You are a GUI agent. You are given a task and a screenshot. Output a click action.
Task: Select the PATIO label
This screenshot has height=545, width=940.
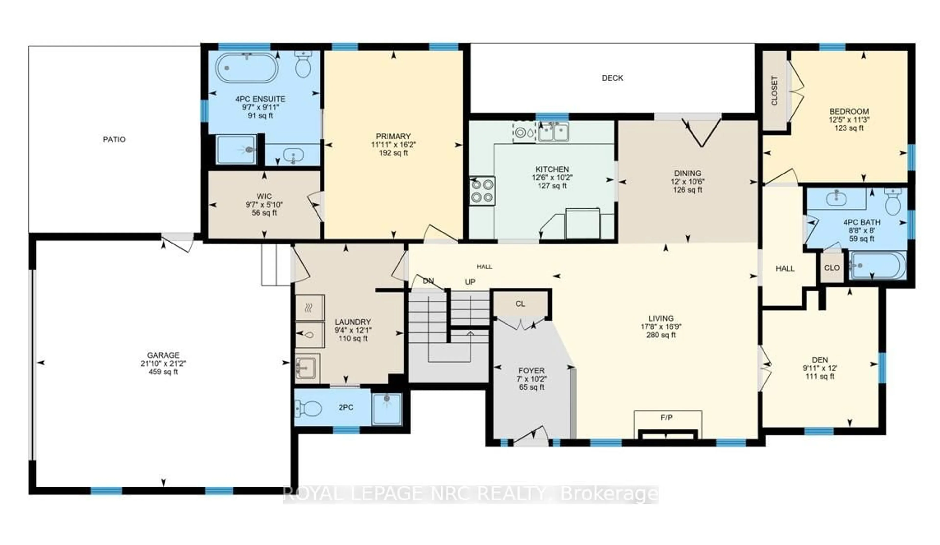(114, 139)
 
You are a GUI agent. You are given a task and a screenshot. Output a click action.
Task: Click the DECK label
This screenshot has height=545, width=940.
(612, 78)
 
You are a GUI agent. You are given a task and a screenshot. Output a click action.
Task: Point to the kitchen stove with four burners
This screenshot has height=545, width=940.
(482, 191)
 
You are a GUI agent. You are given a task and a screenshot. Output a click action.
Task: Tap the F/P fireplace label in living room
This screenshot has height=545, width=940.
(666, 418)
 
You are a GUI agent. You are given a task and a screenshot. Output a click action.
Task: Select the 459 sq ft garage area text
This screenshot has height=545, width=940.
(163, 372)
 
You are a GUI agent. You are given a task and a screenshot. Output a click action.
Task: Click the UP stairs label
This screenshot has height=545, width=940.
(470, 282)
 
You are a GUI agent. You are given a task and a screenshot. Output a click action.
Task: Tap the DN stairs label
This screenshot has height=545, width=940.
(428, 281)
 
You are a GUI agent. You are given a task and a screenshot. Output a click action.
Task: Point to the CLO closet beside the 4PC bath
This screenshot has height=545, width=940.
(832, 268)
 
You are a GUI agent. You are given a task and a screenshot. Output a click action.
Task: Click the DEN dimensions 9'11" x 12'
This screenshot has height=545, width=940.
(820, 368)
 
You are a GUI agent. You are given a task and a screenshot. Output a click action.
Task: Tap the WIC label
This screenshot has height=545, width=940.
(264, 196)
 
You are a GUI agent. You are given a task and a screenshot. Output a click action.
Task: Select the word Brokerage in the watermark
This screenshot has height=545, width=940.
(609, 495)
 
